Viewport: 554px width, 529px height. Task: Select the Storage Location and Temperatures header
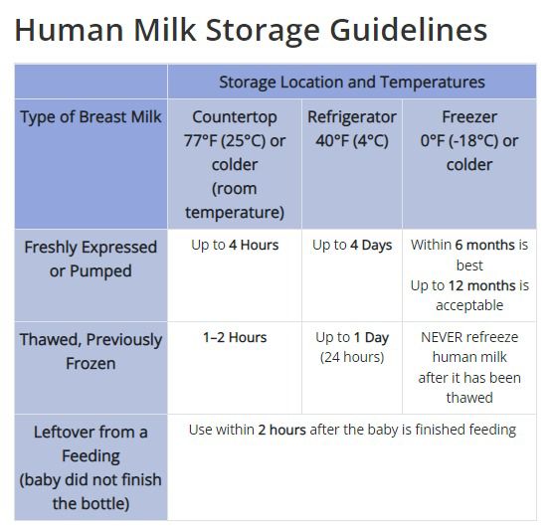click(352, 82)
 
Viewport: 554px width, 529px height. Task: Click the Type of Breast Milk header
click(91, 116)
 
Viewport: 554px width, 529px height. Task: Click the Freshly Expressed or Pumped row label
click(91, 259)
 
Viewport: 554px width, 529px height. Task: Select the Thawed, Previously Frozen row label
click(91, 351)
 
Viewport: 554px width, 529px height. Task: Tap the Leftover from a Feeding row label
click(91, 467)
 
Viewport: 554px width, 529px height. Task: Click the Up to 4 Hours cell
click(235, 245)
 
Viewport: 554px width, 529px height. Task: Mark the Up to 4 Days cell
click(352, 245)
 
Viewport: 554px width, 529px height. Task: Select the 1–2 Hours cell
click(235, 337)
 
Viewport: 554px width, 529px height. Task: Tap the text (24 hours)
click(352, 357)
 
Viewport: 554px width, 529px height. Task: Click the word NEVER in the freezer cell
click(442, 337)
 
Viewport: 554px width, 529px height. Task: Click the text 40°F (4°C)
click(352, 140)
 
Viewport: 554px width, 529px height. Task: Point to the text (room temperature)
click(235, 199)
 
